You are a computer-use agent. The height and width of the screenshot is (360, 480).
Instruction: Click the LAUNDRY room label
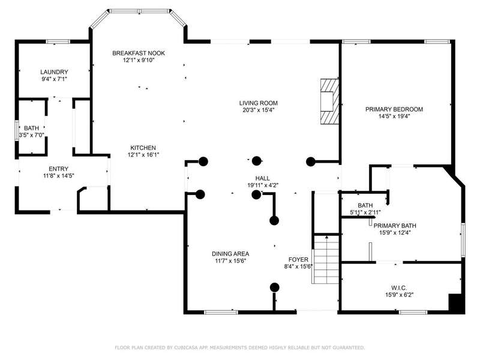(x=54, y=72)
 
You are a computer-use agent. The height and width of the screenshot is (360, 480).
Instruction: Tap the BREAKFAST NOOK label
(x=139, y=53)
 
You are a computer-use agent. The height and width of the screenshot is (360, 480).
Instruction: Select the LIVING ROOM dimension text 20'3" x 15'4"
(x=259, y=110)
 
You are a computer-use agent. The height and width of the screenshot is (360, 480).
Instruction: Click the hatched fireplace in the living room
(x=329, y=101)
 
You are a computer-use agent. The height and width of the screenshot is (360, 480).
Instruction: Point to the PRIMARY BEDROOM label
(x=394, y=109)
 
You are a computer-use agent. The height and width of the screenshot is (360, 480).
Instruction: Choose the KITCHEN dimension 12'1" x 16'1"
(x=143, y=155)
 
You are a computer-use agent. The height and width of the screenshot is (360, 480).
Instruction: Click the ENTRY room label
(x=58, y=169)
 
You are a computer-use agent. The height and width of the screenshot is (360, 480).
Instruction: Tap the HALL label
(x=263, y=178)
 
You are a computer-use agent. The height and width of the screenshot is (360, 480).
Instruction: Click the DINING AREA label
(x=230, y=254)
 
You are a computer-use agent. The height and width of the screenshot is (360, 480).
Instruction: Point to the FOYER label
(x=298, y=260)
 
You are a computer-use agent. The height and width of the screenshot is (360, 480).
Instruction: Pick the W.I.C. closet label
(x=399, y=288)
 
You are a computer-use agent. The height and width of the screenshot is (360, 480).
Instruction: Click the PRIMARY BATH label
(x=395, y=226)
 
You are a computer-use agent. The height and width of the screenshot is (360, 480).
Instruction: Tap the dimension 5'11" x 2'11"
(x=365, y=212)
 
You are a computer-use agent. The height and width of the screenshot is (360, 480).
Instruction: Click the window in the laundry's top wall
(x=58, y=41)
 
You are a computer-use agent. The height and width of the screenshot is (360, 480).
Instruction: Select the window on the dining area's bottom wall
(x=221, y=312)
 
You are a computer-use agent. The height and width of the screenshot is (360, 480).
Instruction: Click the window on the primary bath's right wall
(x=463, y=241)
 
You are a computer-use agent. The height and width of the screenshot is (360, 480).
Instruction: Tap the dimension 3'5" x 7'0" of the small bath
(x=32, y=135)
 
